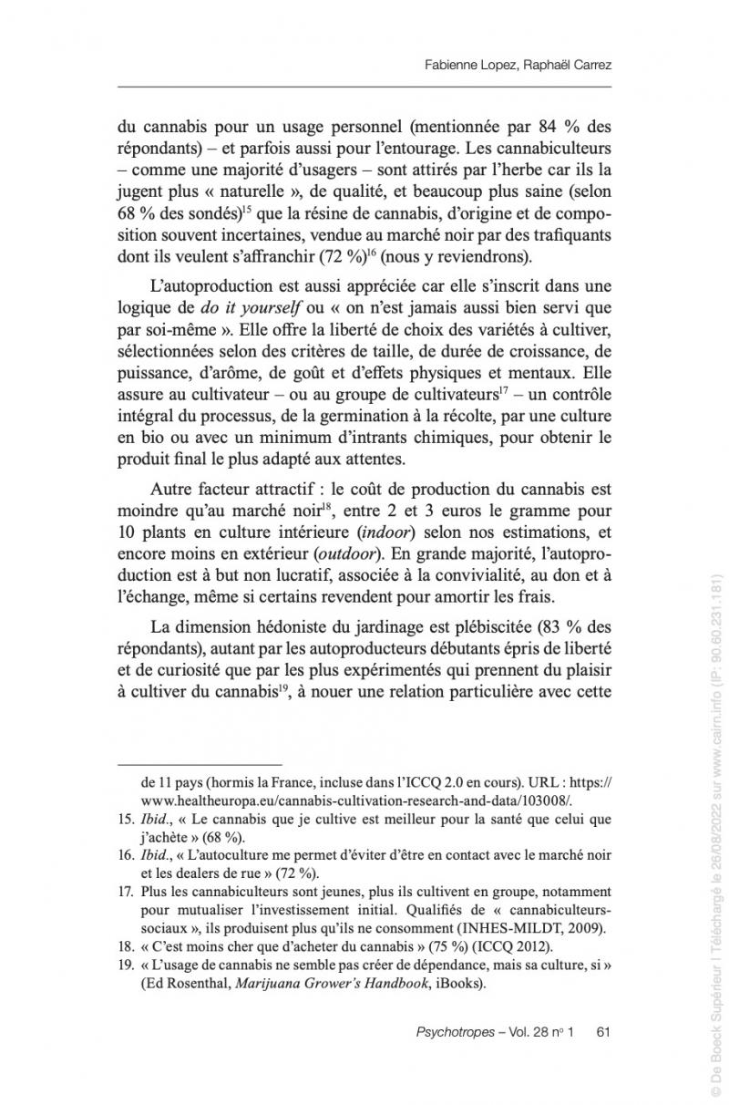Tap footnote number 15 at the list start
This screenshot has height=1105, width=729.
(128, 820)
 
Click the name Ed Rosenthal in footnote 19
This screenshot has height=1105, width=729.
(190, 984)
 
